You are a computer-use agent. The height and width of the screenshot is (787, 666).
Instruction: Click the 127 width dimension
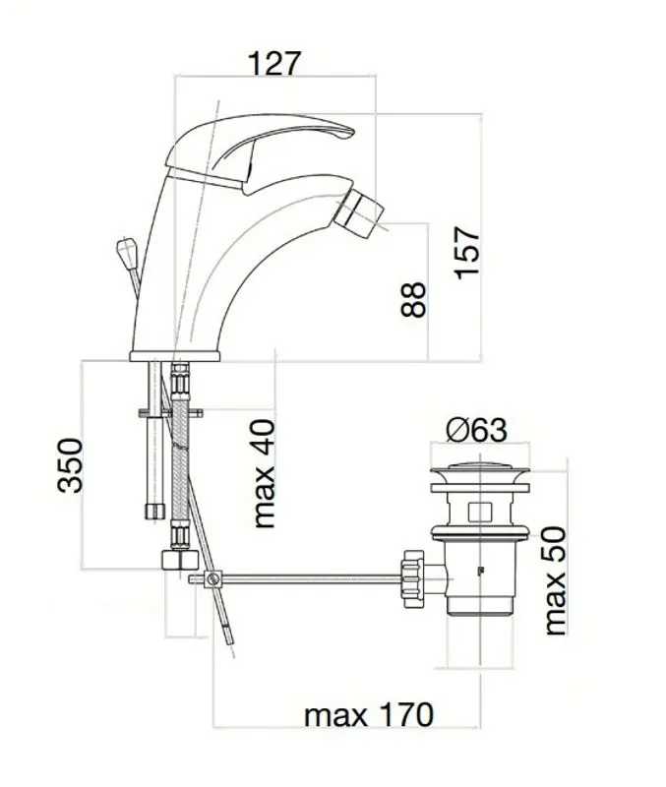(274, 63)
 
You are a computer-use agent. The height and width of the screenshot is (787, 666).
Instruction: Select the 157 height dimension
(466, 253)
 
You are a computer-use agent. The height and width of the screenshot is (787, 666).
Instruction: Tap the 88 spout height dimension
(413, 300)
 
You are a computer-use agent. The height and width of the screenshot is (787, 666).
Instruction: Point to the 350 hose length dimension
(70, 465)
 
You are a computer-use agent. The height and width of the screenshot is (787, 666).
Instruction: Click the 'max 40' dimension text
(265, 474)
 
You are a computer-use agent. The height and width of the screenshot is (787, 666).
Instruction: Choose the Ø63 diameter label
(477, 430)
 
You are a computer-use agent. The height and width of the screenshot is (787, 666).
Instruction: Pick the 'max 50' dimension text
(556, 580)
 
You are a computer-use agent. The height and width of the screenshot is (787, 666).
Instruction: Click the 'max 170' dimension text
(368, 714)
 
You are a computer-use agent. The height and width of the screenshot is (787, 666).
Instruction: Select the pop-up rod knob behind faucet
(126, 249)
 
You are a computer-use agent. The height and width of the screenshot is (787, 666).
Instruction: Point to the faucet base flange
(175, 356)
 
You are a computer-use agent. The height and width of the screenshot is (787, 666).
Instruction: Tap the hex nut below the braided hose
(180, 560)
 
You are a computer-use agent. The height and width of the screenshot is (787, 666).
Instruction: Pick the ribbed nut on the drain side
(412, 578)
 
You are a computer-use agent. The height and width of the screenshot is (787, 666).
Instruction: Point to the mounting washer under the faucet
(170, 413)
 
